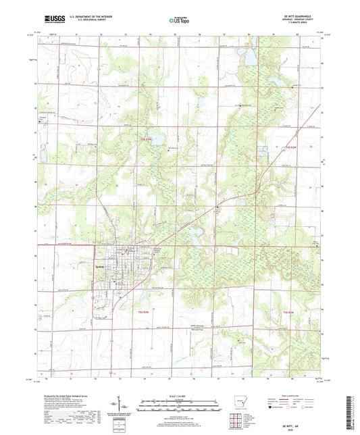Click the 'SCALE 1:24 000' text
point(179,396)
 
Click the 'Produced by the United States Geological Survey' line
point(68,396)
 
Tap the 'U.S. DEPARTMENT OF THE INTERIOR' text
point(94,16)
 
